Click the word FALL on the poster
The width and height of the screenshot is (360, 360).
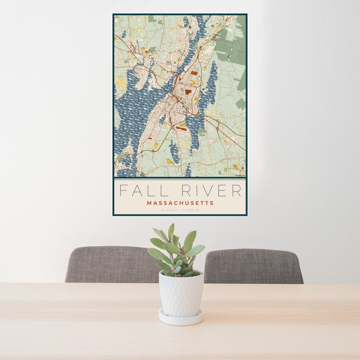pyautogui.click(x=141, y=191)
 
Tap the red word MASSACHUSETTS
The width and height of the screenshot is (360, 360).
pyautogui.click(x=180, y=203)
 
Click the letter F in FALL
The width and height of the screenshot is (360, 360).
pyautogui.click(x=123, y=191)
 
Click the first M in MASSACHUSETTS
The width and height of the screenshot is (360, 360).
pyautogui.click(x=149, y=203)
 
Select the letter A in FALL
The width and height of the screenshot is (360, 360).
pyautogui.click(x=136, y=191)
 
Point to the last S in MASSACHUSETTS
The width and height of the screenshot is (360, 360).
pyautogui.click(x=212, y=203)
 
